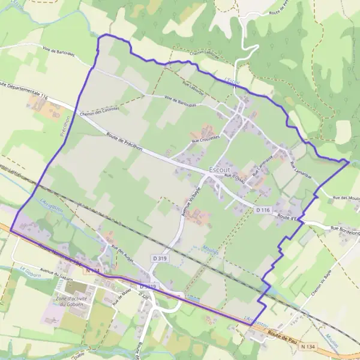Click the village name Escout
pyautogui.click(x=219, y=170)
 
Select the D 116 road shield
pyautogui.click(x=262, y=210)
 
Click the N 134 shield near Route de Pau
pyautogui.click(x=307, y=347)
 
